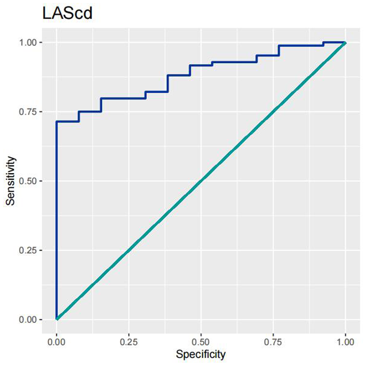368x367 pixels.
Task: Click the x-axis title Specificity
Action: click(x=201, y=354)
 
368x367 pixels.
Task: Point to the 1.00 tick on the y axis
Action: click(x=31, y=42)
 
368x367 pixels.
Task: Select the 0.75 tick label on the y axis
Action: click(x=31, y=112)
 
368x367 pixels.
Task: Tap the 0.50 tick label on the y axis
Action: click(x=31, y=181)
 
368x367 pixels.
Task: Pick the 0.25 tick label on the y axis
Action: click(x=31, y=250)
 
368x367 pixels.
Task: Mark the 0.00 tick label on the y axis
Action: click(x=31, y=319)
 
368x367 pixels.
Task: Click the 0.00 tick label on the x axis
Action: click(x=56, y=342)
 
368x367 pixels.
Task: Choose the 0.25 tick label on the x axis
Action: click(x=129, y=342)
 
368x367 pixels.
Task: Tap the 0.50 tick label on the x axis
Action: click(x=201, y=342)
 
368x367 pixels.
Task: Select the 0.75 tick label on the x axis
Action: click(x=273, y=342)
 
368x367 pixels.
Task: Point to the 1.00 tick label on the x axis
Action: click(x=345, y=342)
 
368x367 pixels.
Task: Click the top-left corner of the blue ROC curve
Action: click(x=56, y=122)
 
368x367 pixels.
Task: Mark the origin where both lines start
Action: click(x=57, y=319)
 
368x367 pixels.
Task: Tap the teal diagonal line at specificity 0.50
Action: click(x=201, y=181)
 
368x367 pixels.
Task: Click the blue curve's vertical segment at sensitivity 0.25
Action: click(x=56, y=250)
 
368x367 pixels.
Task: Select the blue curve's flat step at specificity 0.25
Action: click(x=129, y=98)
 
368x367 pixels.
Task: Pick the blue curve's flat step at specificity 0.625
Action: click(x=237, y=62)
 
